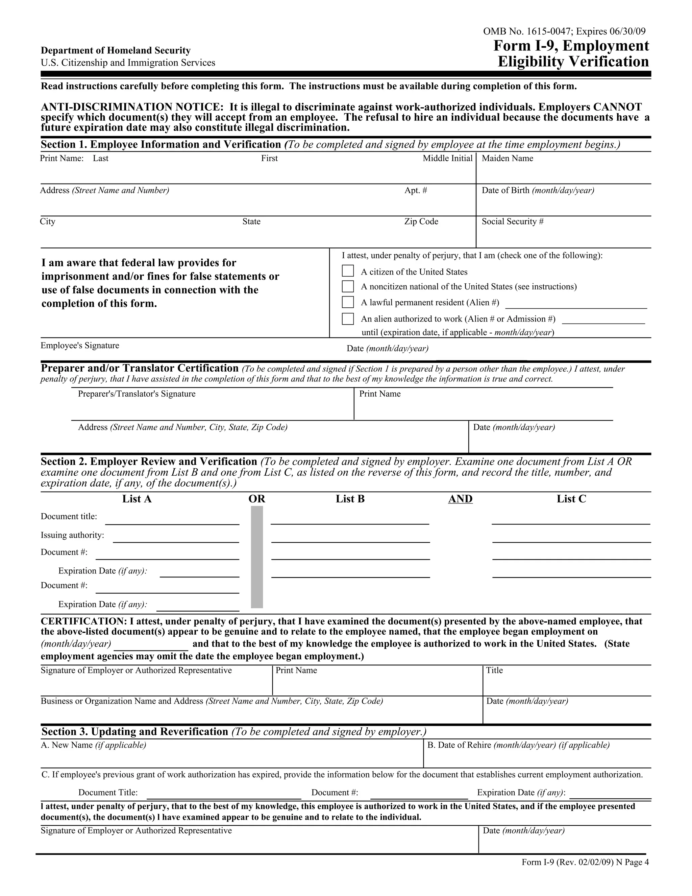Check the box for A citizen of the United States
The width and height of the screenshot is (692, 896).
pyautogui.click(x=348, y=271)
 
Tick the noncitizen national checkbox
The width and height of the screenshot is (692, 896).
pyautogui.click(x=348, y=286)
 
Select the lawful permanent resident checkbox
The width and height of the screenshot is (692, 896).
pyautogui.click(x=348, y=302)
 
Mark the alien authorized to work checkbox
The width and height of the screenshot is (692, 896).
pyautogui.click(x=348, y=319)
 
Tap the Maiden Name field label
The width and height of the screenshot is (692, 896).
pyautogui.click(x=507, y=158)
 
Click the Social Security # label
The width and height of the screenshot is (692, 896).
pyautogui.click(x=513, y=221)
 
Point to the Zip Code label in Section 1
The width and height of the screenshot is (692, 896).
pyautogui.click(x=421, y=221)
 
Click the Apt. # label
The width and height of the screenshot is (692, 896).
pyautogui.click(x=416, y=190)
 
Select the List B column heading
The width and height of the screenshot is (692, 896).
pyautogui.click(x=350, y=499)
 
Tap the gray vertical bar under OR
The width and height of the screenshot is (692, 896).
pyautogui.click(x=257, y=557)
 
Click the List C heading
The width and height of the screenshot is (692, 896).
pyautogui.click(x=571, y=499)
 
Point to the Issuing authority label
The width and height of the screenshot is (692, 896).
pyautogui.click(x=72, y=535)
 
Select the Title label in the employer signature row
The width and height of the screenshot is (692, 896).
pyautogui.click(x=494, y=670)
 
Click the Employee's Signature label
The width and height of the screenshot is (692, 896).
pyautogui.click(x=80, y=346)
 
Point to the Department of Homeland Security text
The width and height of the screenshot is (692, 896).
pyautogui.click(x=116, y=50)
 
